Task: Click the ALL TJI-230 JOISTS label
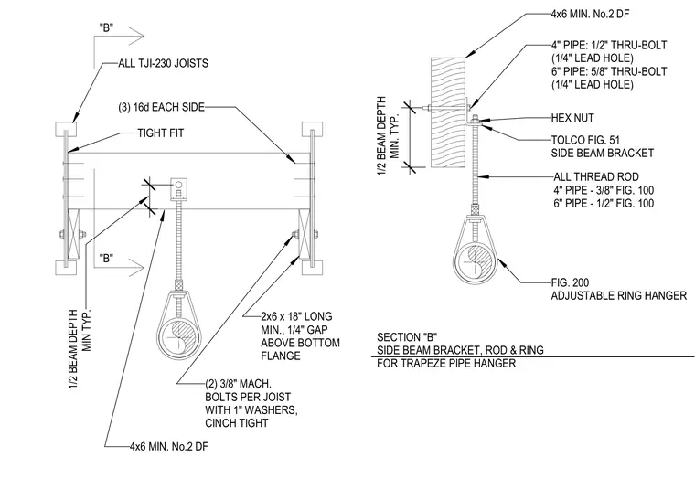point(163,63)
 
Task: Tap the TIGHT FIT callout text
point(160,133)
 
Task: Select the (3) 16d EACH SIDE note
point(161,107)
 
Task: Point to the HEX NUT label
point(572,118)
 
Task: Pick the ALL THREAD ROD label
point(596,176)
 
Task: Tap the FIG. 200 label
point(570,282)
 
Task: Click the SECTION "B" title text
point(407,337)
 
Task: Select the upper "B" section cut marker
point(106,28)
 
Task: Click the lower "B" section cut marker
point(106,259)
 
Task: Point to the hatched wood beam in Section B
point(448,112)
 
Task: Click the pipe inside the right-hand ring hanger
point(475,262)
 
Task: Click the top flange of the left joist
point(66,129)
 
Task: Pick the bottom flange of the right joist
point(313,268)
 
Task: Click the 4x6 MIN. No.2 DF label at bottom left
point(169,446)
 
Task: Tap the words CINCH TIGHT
point(237,423)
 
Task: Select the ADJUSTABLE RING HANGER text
point(619,295)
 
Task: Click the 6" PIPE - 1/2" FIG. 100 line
point(604,203)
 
